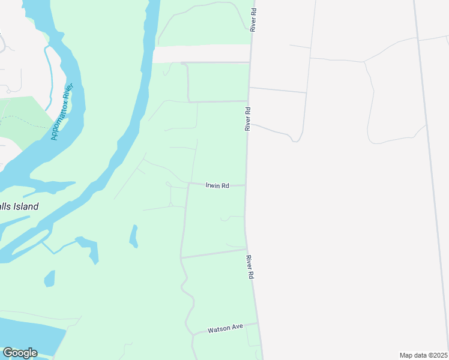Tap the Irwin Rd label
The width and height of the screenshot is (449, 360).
pyautogui.click(x=217, y=186)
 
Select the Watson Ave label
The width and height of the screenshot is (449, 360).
pyautogui.click(x=225, y=329)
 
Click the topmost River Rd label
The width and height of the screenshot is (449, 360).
pyautogui.click(x=254, y=20)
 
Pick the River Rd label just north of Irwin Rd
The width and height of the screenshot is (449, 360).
pyautogui.click(x=247, y=119)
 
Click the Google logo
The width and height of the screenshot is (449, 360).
pyautogui.click(x=20, y=353)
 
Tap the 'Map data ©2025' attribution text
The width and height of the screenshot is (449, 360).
pyautogui.click(x=423, y=355)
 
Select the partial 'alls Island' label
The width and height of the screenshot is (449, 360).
pyautogui.click(x=19, y=207)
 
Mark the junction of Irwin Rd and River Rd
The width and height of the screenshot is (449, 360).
pyautogui.click(x=246, y=185)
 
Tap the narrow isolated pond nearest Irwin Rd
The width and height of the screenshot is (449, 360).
pyautogui.click(x=134, y=236)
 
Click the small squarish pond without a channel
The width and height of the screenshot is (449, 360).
pyautogui.click(x=49, y=278)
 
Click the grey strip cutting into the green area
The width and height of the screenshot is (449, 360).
pyautogui.click(x=201, y=53)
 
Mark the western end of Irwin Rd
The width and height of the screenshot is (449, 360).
pyautogui.click(x=188, y=184)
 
